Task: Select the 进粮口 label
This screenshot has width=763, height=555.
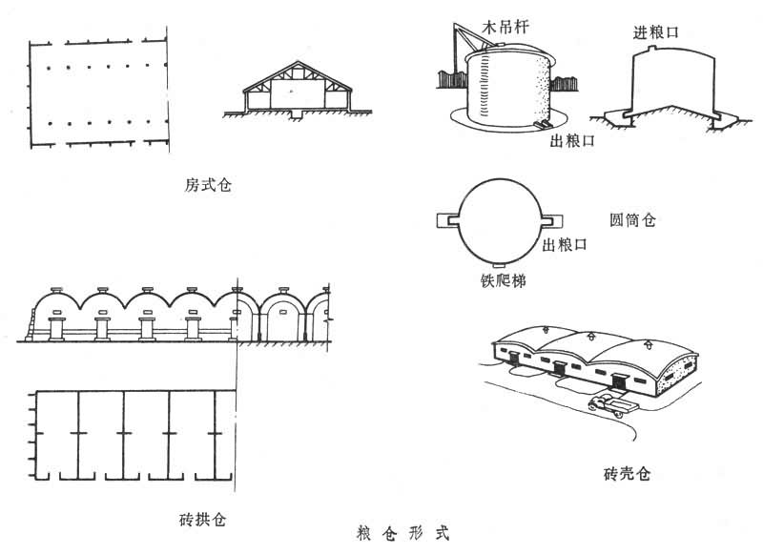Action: coord(656,31)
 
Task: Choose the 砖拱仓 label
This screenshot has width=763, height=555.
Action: coord(201,520)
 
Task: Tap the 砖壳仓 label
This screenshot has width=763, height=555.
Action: coord(627,473)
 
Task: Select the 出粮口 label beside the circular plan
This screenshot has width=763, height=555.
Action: coord(565,246)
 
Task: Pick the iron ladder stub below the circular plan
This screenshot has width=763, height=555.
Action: coord(499,264)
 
